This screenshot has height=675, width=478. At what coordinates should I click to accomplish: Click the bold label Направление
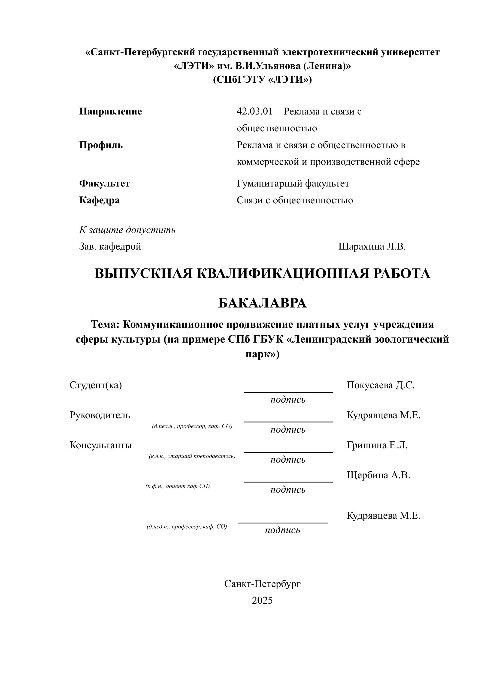point(111,111)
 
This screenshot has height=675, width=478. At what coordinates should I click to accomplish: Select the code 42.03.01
point(255,111)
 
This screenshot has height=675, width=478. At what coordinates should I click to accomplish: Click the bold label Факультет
point(104,183)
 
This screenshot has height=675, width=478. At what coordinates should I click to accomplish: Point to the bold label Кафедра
point(100,200)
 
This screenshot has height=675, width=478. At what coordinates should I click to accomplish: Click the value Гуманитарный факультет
point(293,183)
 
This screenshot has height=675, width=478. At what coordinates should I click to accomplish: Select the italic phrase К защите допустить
point(127,230)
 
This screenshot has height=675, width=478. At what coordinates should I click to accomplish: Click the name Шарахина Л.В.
point(372,246)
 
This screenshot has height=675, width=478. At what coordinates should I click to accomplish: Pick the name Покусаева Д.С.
point(381,385)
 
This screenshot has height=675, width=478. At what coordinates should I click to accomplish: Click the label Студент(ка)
point(96,385)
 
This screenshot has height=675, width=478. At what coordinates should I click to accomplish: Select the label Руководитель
point(100,415)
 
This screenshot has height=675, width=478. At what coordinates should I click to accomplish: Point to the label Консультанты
point(101,445)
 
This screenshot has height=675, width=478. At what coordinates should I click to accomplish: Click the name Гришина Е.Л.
point(377,445)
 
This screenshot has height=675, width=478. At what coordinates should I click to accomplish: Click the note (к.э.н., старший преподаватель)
point(192,456)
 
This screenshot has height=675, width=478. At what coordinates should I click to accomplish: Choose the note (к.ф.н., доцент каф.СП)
point(178,486)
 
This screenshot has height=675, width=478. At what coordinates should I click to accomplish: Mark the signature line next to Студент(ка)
point(288,392)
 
